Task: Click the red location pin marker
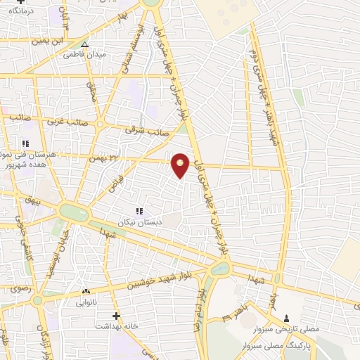point(181,165)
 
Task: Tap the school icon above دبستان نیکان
point(139,210)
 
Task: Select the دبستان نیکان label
point(139,221)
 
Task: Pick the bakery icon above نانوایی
point(86,291)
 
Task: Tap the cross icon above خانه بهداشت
point(116,316)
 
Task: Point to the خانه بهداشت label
point(116,327)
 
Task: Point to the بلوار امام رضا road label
point(200,309)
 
